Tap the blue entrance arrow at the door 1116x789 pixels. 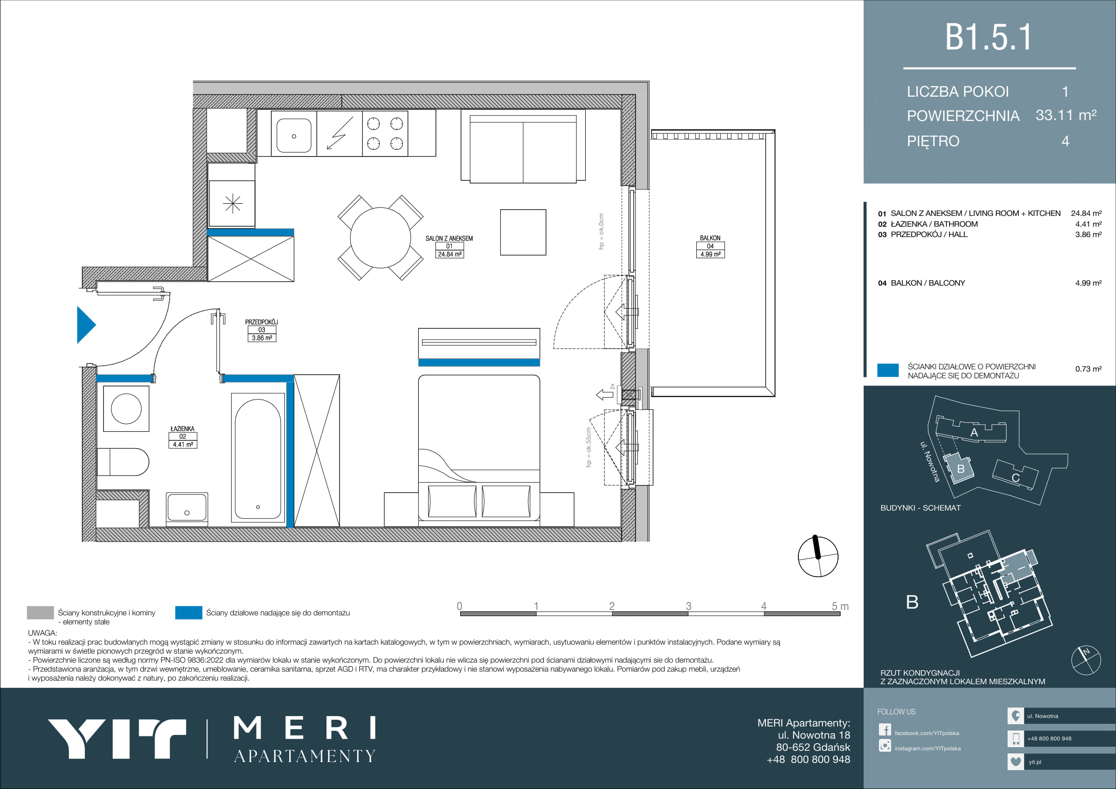(x=86, y=325)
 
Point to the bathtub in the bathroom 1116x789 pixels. (x=258, y=458)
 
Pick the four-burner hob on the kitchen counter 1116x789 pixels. (x=385, y=134)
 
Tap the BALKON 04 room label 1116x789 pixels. (x=710, y=246)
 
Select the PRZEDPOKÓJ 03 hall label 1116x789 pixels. (x=261, y=330)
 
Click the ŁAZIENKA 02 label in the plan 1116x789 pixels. (x=183, y=436)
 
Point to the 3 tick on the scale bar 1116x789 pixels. (x=688, y=606)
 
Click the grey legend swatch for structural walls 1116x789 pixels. (x=40, y=613)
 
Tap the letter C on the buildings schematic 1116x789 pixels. (x=1015, y=478)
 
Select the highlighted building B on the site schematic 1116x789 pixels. (x=959, y=468)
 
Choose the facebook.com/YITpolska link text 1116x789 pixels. (x=927, y=733)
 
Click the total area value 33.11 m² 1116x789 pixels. (x=1066, y=115)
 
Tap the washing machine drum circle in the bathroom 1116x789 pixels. (x=126, y=408)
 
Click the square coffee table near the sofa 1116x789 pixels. (x=523, y=233)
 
